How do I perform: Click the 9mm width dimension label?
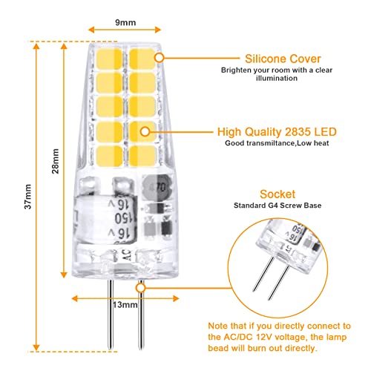tap(125, 22)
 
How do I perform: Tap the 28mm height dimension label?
tap(56, 161)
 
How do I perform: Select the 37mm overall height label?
tap(28, 197)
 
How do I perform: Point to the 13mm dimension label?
tap(125, 305)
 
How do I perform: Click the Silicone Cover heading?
tap(283, 59)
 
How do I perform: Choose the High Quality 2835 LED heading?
tap(277, 132)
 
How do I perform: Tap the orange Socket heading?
tap(278, 194)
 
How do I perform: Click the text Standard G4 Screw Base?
tap(278, 206)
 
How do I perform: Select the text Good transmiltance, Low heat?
tap(277, 143)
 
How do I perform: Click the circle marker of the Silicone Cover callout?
tap(160, 58)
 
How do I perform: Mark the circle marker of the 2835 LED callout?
tap(145, 132)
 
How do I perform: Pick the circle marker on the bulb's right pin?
tap(141, 288)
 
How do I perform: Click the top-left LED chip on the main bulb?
tap(109, 59)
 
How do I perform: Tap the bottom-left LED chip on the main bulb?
tap(109, 157)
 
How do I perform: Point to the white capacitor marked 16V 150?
tap(106, 218)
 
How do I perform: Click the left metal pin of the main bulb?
tap(111, 315)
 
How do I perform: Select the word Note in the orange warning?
tap(217, 326)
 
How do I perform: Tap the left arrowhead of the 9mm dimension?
tap(91, 30)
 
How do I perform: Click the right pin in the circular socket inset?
tap(279, 283)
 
